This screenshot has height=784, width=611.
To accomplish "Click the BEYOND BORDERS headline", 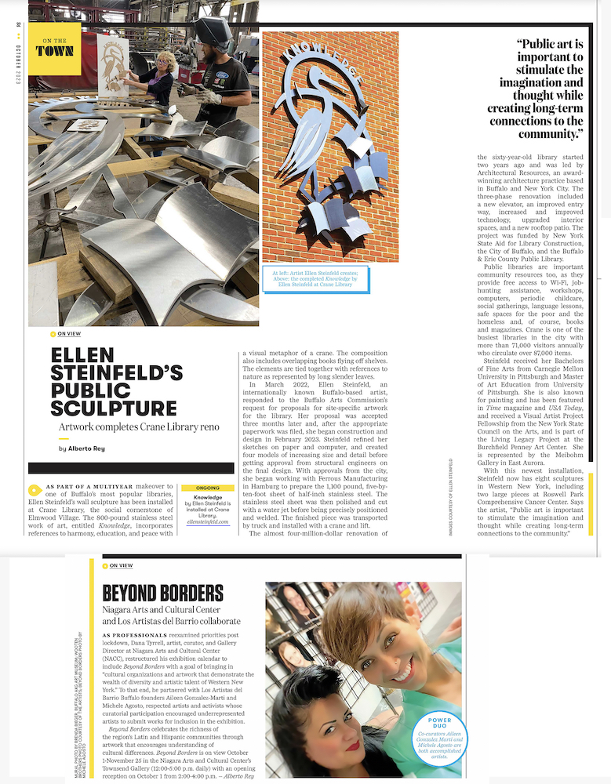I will tap(162, 593).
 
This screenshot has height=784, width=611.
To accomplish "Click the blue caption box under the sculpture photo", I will tap(315, 278).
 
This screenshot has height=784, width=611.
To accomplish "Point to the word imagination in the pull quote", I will tap(547, 82).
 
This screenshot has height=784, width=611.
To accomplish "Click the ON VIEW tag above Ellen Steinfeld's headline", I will tap(69, 333).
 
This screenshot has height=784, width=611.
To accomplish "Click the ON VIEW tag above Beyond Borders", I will tap(121, 565).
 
